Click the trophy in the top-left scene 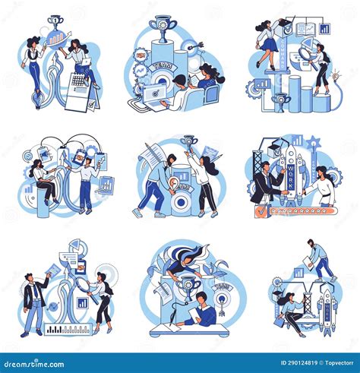click(x=55, y=23)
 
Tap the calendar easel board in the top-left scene click(x=79, y=90)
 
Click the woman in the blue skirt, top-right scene click(x=270, y=42)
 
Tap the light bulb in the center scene click(x=174, y=182)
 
